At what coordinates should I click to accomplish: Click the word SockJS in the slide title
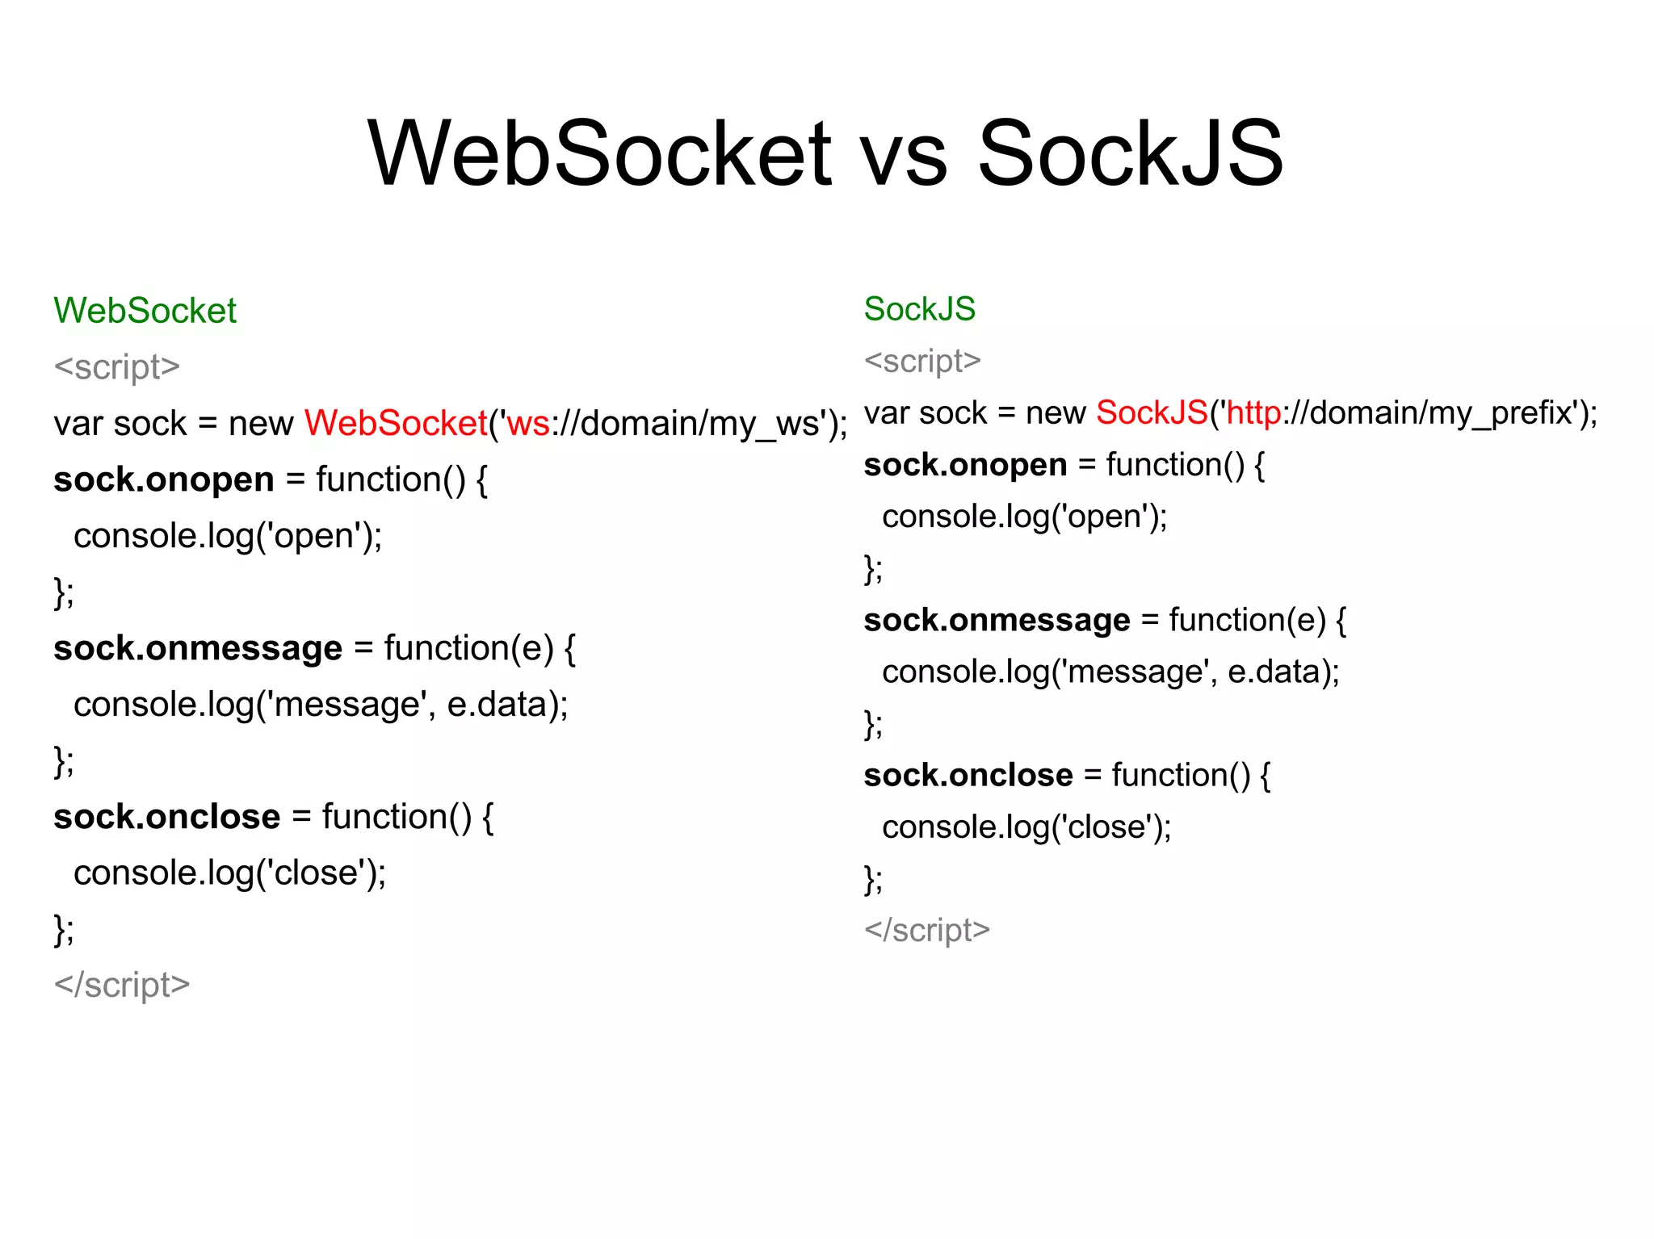click(1130, 153)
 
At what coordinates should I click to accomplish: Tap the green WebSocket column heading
click(145, 311)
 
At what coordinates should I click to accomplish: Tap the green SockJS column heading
click(920, 309)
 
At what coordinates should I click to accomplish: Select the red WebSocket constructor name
click(396, 423)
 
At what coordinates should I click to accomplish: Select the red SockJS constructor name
click(1152, 412)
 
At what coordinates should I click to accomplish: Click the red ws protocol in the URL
click(528, 424)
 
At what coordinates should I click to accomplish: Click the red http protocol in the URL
click(1253, 412)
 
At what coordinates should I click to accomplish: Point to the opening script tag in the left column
click(117, 367)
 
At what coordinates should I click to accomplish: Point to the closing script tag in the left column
click(122, 985)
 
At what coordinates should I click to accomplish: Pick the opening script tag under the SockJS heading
click(922, 361)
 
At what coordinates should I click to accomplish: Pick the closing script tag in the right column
click(927, 930)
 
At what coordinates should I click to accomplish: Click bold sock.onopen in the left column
click(164, 479)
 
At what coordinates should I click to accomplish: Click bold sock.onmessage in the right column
click(997, 620)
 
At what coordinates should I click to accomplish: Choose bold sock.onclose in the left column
click(167, 817)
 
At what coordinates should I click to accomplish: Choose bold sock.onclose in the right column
click(968, 775)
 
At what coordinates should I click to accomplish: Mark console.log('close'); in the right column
click(1026, 827)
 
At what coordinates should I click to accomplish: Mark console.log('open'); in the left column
click(228, 536)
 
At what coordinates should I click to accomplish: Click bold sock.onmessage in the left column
click(198, 648)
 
